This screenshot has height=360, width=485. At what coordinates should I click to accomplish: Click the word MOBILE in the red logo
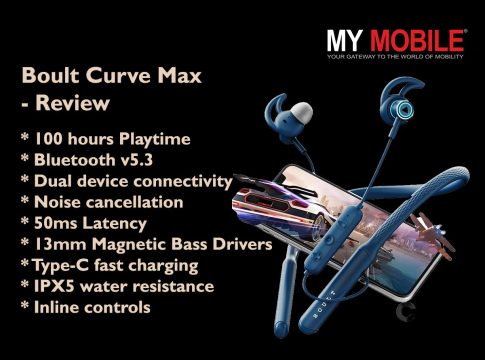(417, 41)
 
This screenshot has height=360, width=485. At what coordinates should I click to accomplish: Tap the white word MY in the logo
(345, 41)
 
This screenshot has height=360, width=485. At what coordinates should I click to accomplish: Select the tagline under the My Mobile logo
(395, 57)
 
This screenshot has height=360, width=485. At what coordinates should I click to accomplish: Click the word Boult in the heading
(50, 75)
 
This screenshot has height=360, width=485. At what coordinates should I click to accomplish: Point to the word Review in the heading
(72, 103)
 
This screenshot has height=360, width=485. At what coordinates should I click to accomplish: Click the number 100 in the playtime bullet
(48, 139)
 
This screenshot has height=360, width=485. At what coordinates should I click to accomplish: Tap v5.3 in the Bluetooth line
(136, 160)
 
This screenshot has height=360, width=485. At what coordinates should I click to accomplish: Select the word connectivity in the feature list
(183, 182)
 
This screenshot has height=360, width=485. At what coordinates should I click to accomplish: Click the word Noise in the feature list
(57, 202)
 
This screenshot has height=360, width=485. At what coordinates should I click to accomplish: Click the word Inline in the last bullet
(56, 307)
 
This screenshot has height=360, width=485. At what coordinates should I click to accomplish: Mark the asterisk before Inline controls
(25, 306)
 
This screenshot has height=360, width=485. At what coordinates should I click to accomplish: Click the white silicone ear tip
(301, 111)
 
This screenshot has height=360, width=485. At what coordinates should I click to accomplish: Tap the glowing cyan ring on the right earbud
(402, 109)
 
